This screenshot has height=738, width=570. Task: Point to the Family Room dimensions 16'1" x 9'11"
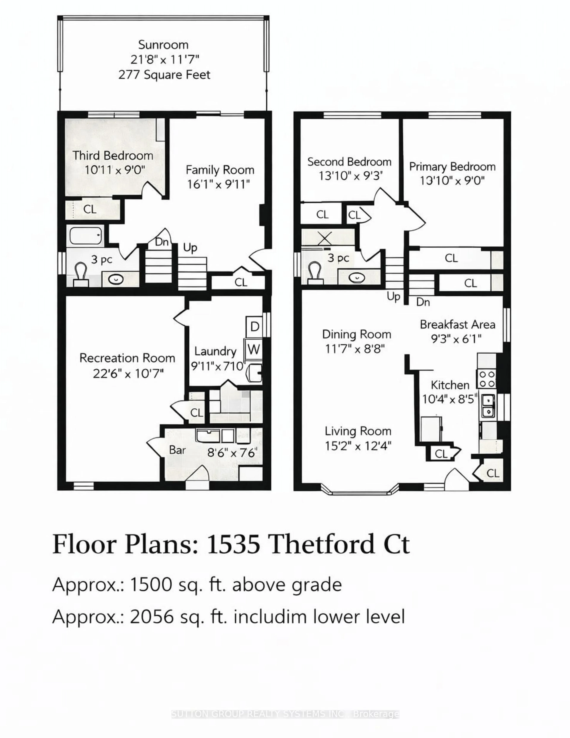[218, 184]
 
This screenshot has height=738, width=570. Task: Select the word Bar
[177, 450]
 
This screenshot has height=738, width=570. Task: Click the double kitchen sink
[487, 406]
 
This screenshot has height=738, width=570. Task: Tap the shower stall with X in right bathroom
[325, 238]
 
